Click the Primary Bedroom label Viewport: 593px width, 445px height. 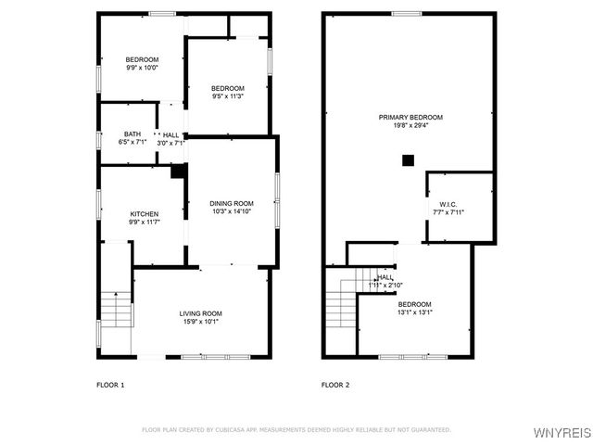[x=410, y=117]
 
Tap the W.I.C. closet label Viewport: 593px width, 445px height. [x=448, y=204]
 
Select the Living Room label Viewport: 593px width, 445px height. [x=200, y=313]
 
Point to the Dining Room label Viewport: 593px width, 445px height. [x=233, y=203]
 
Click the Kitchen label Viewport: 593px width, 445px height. [x=144, y=213]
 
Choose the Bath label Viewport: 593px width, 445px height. [x=132, y=134]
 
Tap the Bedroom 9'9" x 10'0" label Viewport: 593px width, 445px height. [x=143, y=59]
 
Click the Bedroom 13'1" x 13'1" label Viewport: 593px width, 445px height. [x=414, y=304]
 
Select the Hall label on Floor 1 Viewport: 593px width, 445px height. [x=171, y=135]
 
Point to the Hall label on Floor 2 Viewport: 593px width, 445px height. [x=385, y=277]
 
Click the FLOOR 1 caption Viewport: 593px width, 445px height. [x=110, y=384]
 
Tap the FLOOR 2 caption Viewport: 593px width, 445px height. [x=334, y=384]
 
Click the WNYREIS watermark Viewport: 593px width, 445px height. [x=563, y=433]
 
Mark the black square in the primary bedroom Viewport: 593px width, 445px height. [x=407, y=159]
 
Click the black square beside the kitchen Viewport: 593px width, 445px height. [x=177, y=172]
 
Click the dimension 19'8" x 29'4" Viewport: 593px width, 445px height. [x=410, y=126]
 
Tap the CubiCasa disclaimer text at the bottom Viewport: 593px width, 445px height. [x=296, y=429]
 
